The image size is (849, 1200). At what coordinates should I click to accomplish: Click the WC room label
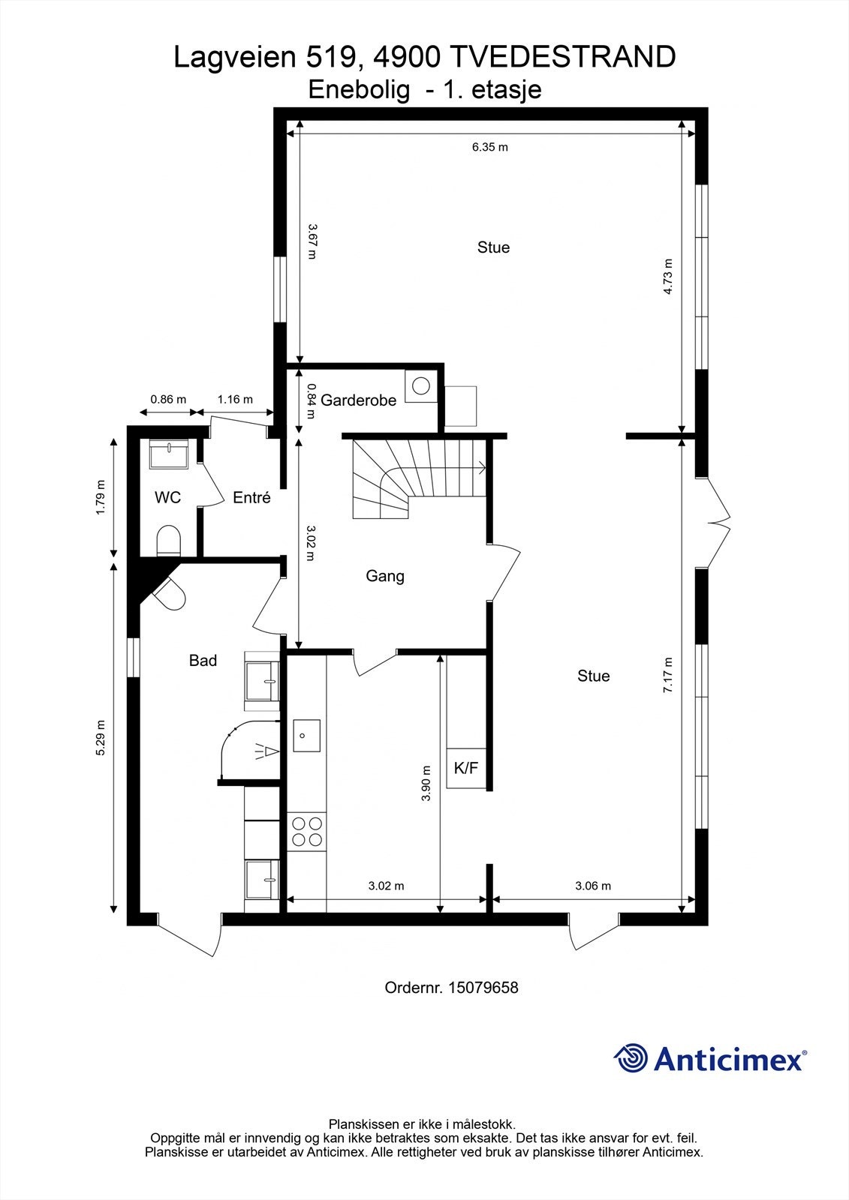[167, 498]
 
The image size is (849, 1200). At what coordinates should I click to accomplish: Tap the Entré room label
[251, 498]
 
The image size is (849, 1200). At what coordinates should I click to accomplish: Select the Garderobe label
[358, 400]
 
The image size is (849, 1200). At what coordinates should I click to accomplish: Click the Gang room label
[385, 577]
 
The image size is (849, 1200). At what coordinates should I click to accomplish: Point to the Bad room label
[203, 661]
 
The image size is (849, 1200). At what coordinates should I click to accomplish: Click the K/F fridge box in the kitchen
[466, 768]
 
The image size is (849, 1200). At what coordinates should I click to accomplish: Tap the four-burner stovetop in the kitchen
[307, 832]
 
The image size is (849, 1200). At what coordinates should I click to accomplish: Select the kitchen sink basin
[307, 736]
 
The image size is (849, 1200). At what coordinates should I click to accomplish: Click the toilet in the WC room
[168, 540]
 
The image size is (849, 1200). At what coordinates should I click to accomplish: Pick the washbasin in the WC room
[168, 454]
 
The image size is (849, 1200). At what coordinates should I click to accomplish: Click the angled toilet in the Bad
[170, 593]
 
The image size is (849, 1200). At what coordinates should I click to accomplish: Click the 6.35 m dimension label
[489, 147]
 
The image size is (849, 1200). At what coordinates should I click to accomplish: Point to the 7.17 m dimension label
[668, 675]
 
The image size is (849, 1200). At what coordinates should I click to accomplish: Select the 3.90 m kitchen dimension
[426, 783]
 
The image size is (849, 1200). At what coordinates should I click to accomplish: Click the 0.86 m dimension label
[168, 399]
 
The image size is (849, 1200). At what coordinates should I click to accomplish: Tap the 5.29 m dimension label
[101, 738]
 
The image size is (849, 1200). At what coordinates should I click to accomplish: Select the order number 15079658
[483, 987]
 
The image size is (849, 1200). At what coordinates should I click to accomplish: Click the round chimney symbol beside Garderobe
[421, 385]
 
